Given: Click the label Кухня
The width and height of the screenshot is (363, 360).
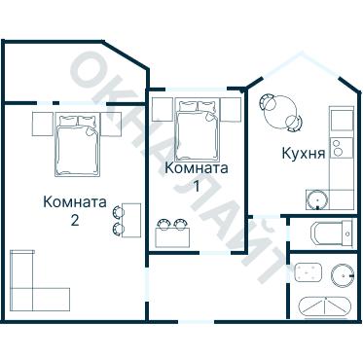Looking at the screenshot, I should point(303,153).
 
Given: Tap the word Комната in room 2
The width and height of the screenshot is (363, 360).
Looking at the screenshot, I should point(75,202).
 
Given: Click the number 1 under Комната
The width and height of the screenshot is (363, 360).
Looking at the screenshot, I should point(197,185).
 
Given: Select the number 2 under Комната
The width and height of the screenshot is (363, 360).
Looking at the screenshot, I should point(74,220).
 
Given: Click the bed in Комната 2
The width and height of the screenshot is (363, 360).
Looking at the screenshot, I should point(77,144).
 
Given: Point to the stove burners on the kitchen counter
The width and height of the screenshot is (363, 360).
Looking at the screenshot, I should point(339,148).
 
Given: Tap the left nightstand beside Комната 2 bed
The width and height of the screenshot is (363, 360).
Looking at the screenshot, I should point(41,125).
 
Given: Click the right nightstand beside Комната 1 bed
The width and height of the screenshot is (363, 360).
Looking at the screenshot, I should point(231,109).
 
